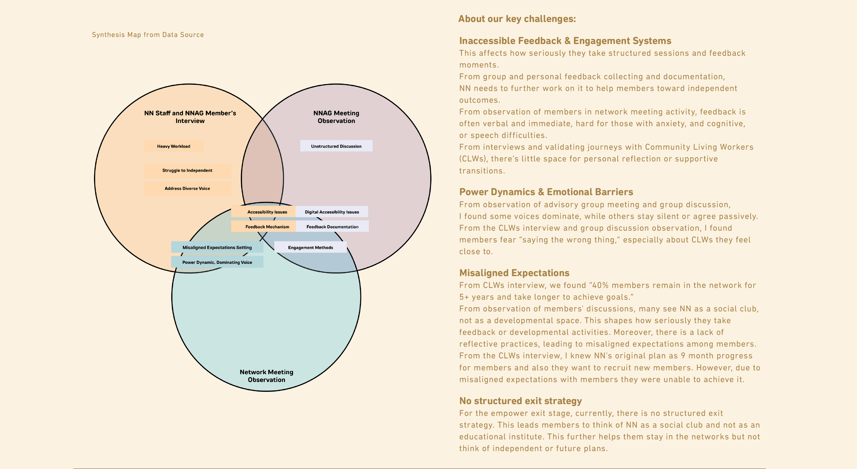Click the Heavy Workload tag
[173, 146]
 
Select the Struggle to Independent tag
[187, 171]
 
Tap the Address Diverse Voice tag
[187, 188]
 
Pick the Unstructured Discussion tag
[336, 146]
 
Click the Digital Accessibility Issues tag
[332, 212]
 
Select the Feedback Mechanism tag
[267, 227]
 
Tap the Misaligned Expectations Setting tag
[217, 248]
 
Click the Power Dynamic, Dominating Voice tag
[217, 262]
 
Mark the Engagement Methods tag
[310, 248]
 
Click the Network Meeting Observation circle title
[266, 376]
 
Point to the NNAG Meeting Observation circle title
[336, 117]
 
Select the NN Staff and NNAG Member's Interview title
[190, 117]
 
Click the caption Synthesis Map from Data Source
[148, 35]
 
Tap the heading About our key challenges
[517, 19]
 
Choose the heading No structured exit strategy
[520, 401]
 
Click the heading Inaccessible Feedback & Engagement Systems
[565, 41]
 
